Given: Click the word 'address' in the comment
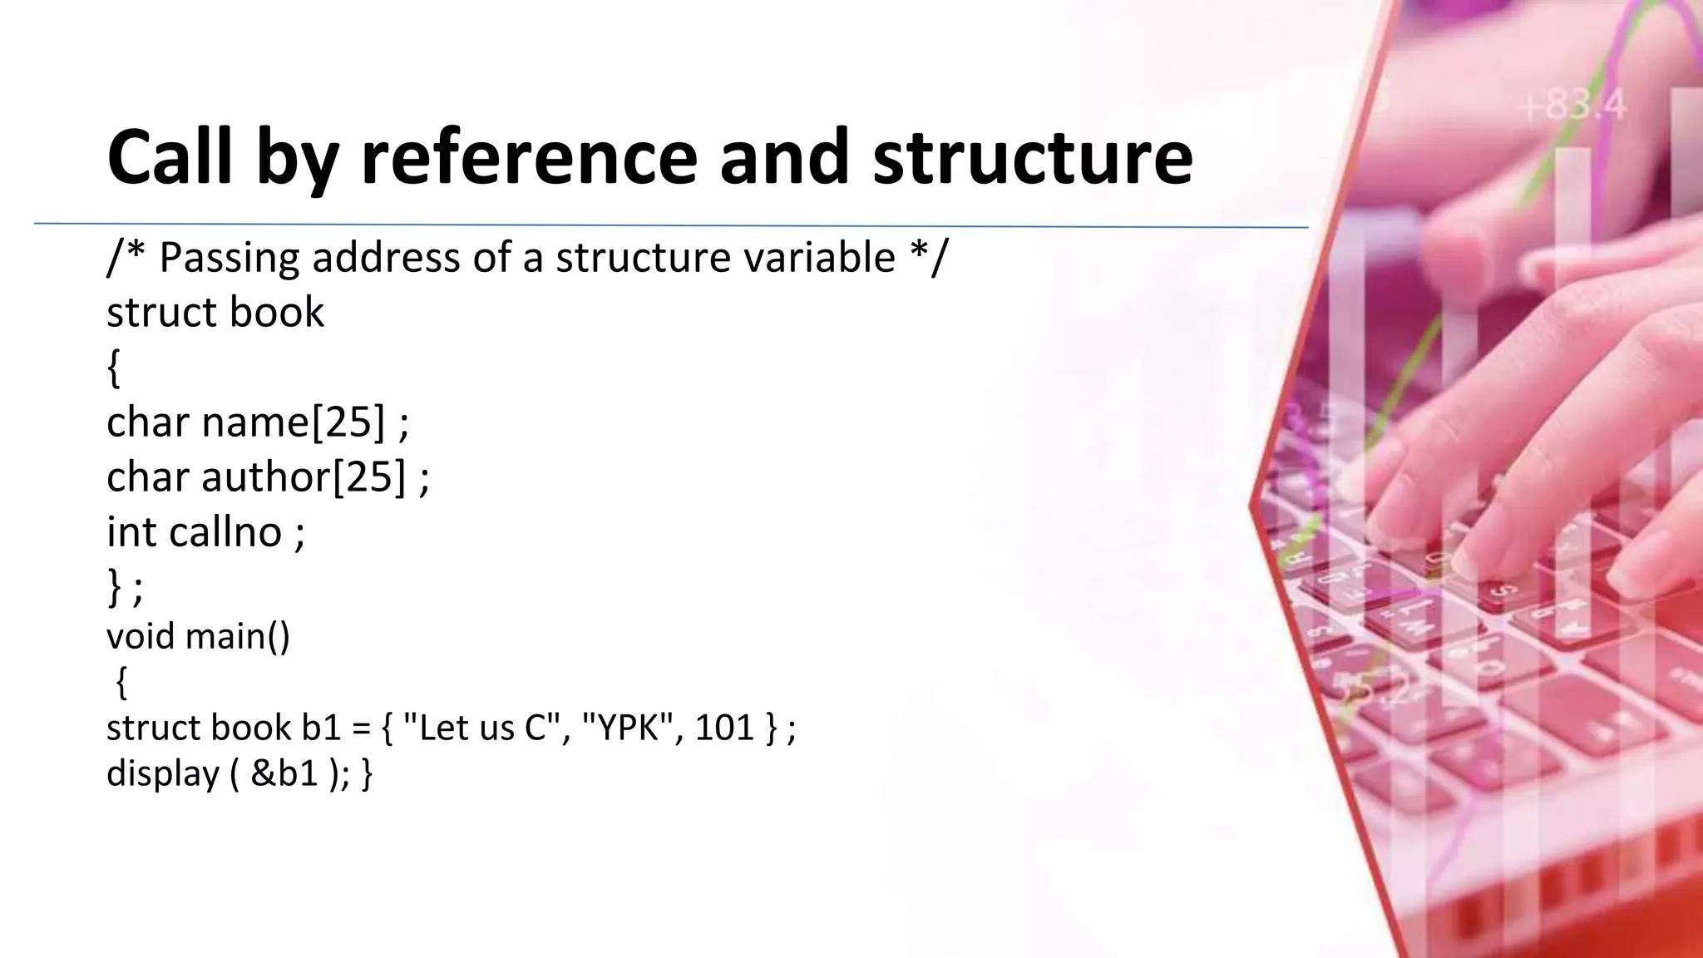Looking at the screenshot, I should [385, 257].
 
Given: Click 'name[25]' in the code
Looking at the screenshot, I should [294, 422].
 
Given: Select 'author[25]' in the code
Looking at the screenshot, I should [304, 477].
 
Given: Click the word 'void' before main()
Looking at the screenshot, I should [141, 636].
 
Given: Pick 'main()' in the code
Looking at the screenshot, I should [238, 636].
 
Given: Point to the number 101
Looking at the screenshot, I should [724, 728].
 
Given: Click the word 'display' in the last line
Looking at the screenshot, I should [163, 773].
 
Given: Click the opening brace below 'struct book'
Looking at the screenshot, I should [114, 368].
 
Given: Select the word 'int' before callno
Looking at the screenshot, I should [131, 532].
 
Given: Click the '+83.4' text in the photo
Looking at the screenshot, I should [1572, 106].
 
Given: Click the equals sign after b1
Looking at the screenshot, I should [361, 728].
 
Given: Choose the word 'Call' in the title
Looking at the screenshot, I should [170, 158].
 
